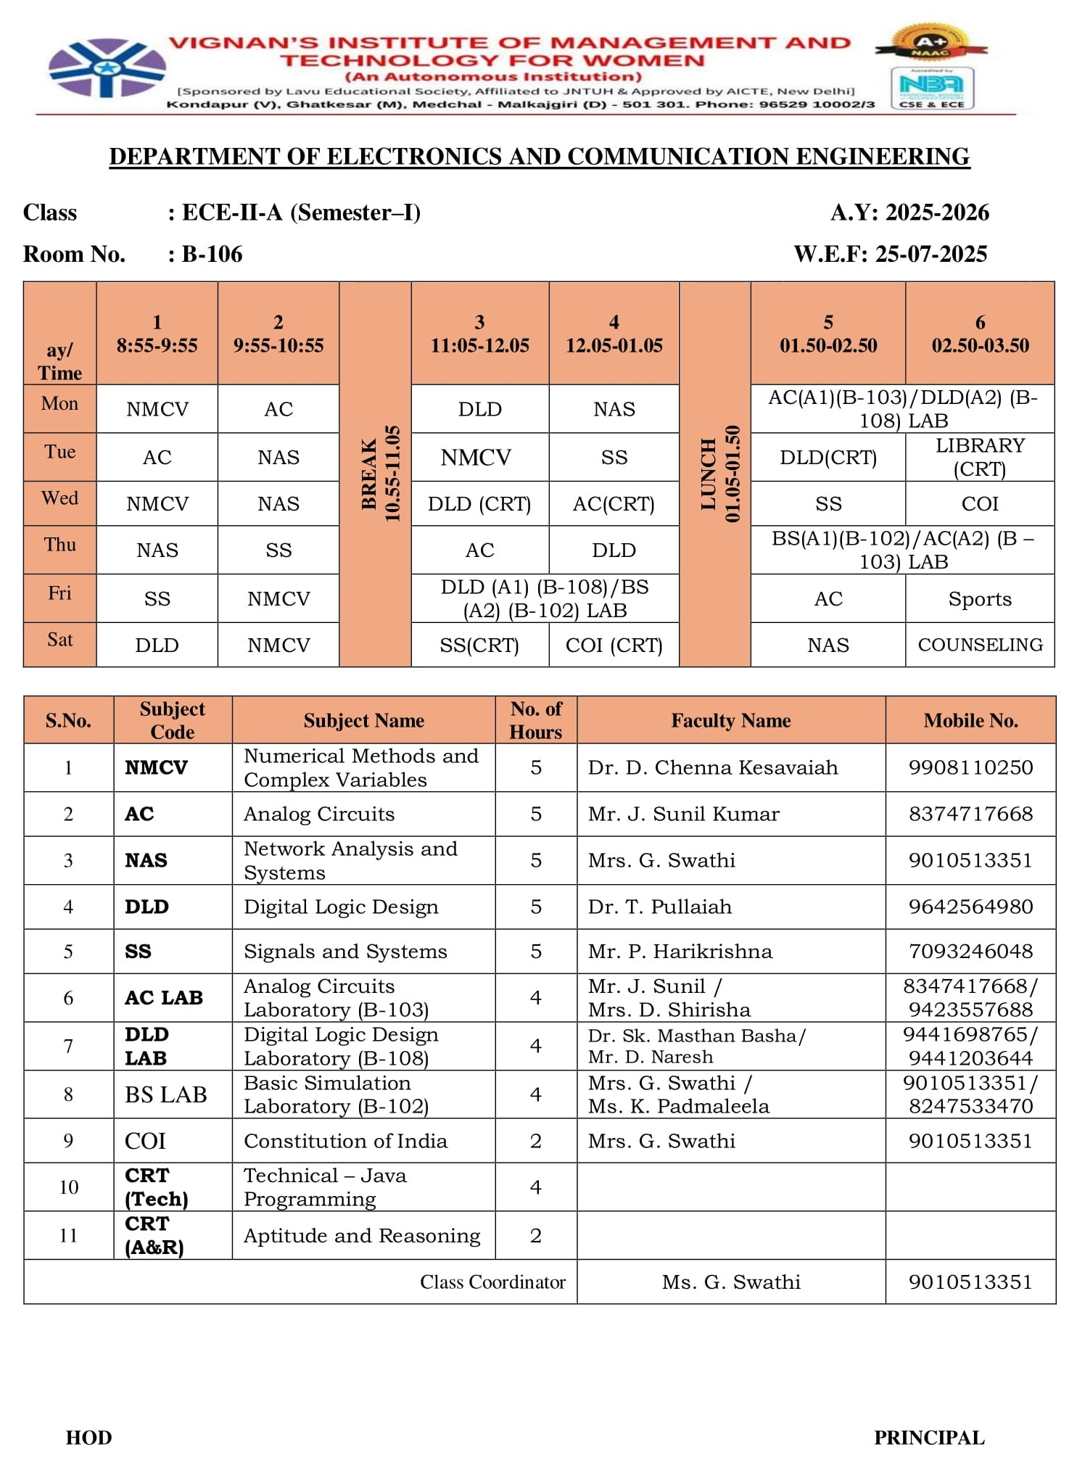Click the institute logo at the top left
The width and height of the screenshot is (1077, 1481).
point(107,68)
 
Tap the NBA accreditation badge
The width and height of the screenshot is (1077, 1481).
point(931,88)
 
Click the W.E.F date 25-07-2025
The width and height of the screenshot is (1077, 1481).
point(930,254)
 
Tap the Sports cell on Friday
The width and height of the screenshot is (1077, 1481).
point(979,599)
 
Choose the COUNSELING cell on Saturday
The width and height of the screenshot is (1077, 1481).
point(980,645)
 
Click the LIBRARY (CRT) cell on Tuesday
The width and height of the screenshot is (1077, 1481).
point(980,457)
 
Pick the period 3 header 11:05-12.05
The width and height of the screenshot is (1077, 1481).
point(479,334)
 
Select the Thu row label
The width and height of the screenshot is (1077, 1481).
point(59,545)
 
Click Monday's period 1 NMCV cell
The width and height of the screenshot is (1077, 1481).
point(157,409)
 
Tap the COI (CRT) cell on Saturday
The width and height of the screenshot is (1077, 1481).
point(614,645)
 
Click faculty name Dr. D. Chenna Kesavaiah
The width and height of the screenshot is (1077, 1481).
point(712,767)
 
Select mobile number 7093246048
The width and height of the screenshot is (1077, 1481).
point(970,951)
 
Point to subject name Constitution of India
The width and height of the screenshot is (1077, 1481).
point(345,1141)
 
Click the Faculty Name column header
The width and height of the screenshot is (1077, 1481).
point(730,720)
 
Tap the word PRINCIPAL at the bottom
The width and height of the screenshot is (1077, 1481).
point(928,1437)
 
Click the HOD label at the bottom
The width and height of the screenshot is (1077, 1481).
point(88,1437)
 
